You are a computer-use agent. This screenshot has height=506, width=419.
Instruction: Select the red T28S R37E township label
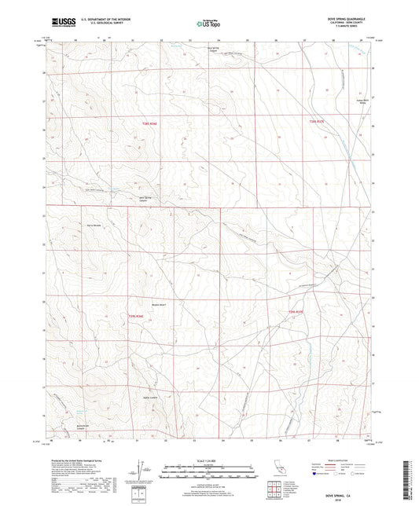[317, 122]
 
